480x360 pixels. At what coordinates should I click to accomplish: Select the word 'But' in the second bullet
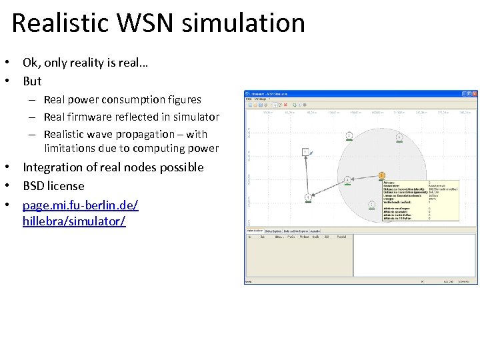32,81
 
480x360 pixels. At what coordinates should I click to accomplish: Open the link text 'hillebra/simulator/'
73,221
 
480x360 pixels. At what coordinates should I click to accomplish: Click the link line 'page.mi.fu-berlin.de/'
80,203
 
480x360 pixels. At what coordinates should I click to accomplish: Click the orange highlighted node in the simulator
381,176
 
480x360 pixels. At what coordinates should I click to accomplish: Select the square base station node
305,152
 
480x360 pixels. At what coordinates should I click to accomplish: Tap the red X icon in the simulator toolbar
286,105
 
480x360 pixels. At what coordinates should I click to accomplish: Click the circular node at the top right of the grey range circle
399,137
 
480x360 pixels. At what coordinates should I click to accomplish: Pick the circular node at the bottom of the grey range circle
371,204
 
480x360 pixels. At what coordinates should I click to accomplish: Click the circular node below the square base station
308,197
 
